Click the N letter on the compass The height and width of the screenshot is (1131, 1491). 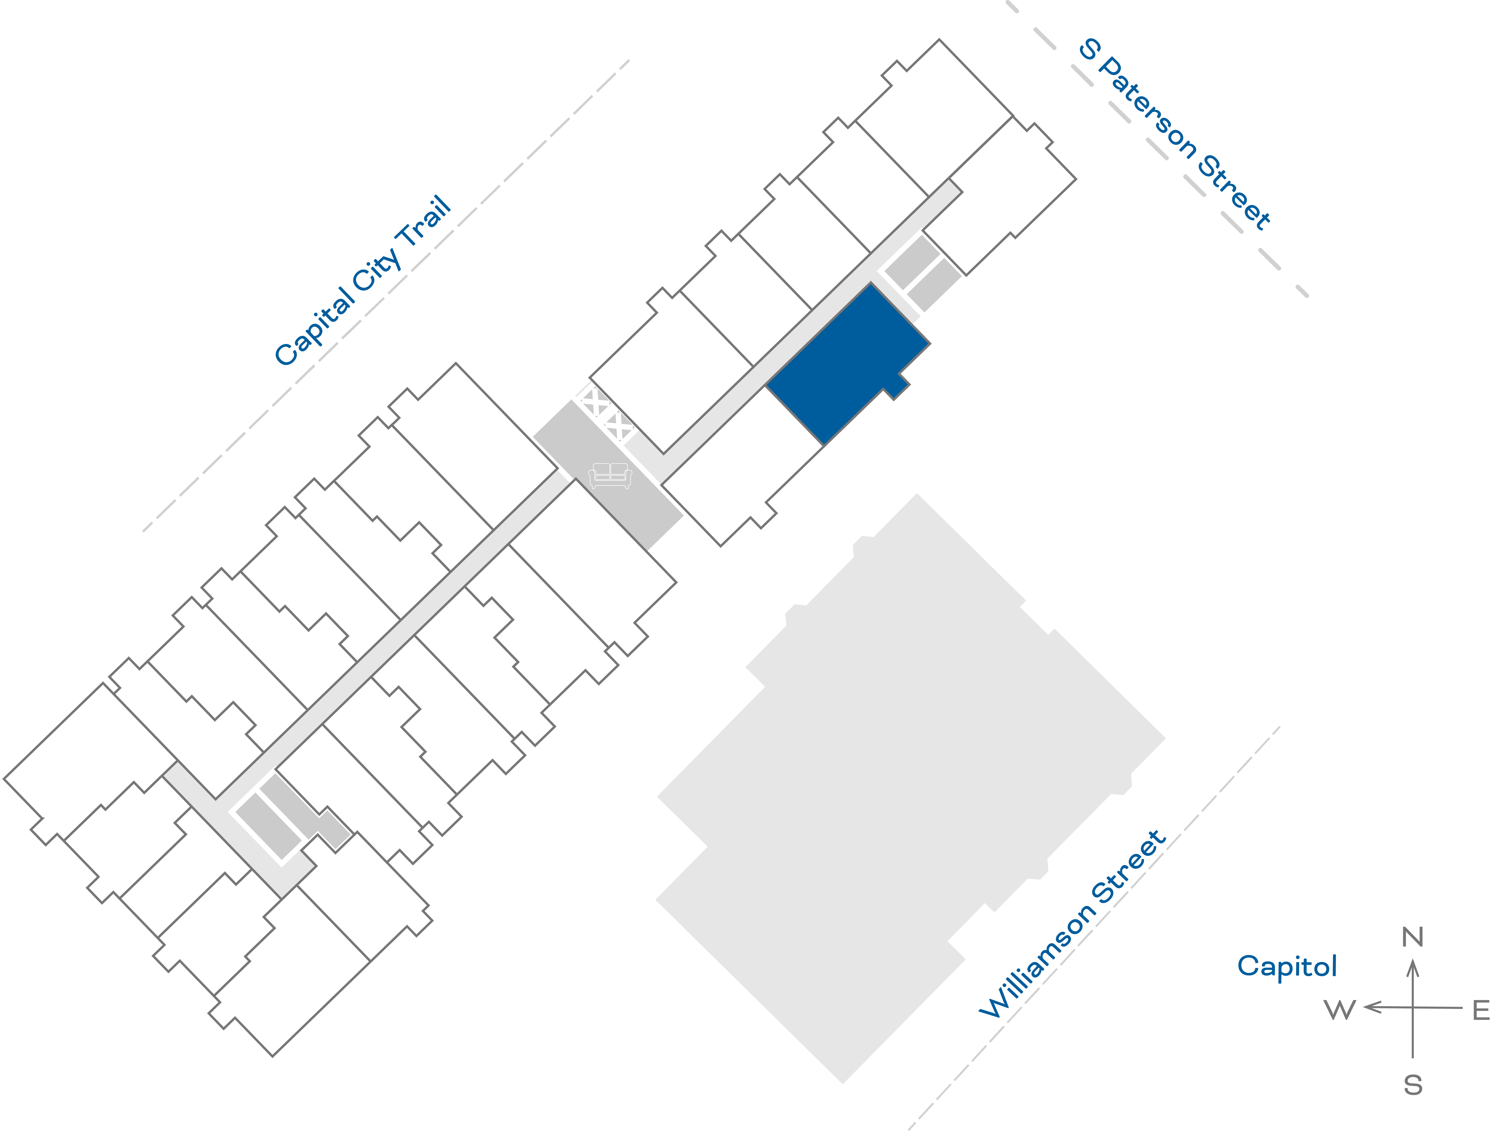point(1412,937)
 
